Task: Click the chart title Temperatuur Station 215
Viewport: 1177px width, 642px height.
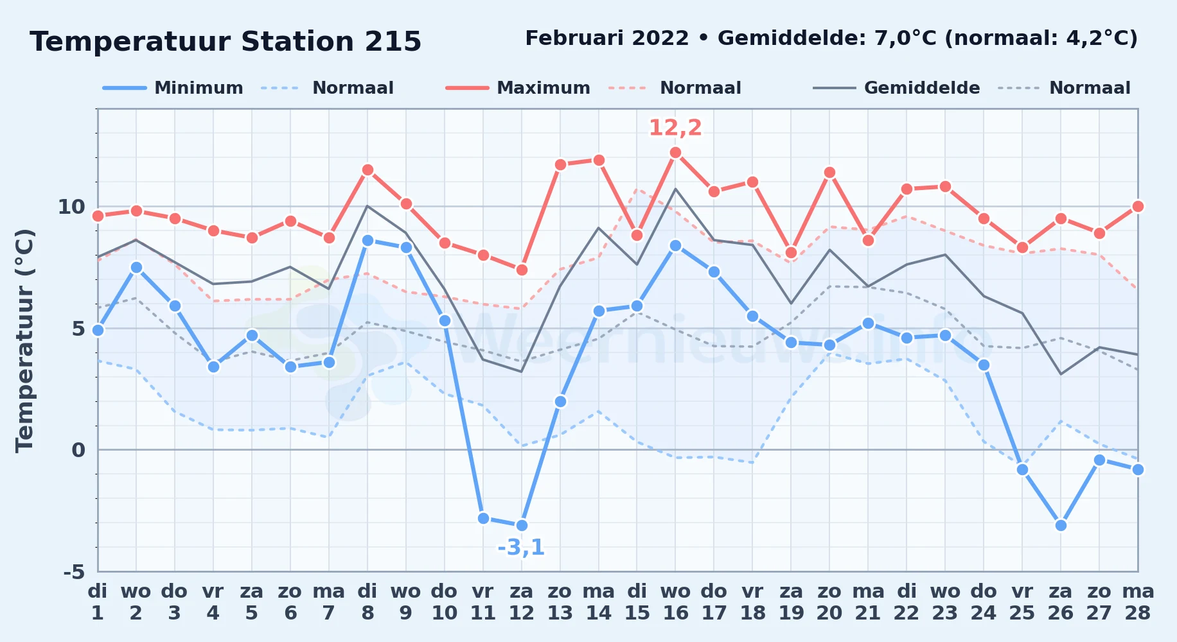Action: pos(226,42)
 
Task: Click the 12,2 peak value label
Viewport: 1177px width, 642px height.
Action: pos(675,128)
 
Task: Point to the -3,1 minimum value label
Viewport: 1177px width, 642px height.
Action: pos(521,548)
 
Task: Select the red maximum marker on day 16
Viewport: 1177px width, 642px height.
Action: pos(675,153)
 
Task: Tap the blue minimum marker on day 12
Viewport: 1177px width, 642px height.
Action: pos(522,525)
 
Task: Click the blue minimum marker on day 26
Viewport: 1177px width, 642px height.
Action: pos(1061,525)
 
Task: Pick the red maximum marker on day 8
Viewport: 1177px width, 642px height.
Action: pos(367,170)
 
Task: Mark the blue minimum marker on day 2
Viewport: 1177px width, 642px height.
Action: pos(136,267)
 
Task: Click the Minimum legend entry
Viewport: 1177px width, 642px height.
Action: pos(173,88)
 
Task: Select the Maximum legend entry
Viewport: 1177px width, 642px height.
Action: pos(518,88)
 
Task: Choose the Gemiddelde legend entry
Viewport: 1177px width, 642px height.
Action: pos(897,88)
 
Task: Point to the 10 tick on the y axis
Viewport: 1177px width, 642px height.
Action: pos(71,207)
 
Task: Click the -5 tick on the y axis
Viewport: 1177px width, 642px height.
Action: pos(75,571)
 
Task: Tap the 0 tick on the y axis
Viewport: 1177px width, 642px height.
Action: pos(78,450)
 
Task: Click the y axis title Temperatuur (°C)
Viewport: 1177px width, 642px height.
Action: pos(24,340)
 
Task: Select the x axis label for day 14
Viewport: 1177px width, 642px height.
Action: pos(598,602)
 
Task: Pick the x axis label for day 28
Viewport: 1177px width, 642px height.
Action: pos(1138,602)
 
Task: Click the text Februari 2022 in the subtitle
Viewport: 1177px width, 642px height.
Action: pos(607,39)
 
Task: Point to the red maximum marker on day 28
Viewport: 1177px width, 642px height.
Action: pos(1138,206)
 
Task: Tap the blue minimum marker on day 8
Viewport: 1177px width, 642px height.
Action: pos(367,240)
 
